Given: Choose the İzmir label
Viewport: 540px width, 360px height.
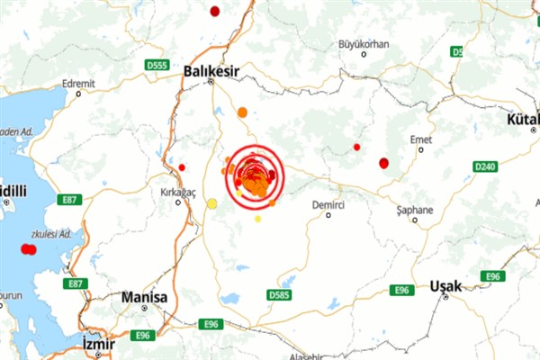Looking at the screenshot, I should pyautogui.click(x=97, y=343).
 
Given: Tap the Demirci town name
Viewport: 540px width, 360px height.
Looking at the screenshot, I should pyautogui.click(x=328, y=205).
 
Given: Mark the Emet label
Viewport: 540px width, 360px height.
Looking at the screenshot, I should pyautogui.click(x=420, y=139).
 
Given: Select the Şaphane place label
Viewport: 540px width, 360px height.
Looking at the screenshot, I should pyautogui.click(x=415, y=210).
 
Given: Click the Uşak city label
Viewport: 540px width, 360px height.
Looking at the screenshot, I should pyautogui.click(x=446, y=285).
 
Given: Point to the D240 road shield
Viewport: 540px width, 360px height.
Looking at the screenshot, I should pyautogui.click(x=486, y=166).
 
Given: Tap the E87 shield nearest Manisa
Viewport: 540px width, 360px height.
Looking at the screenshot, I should pyautogui.click(x=76, y=284).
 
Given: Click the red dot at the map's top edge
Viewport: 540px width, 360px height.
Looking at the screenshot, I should pyautogui.click(x=214, y=11).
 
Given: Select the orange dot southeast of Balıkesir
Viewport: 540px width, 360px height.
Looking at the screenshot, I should pyautogui.click(x=242, y=112).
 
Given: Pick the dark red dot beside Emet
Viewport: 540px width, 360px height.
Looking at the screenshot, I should pyautogui.click(x=384, y=163).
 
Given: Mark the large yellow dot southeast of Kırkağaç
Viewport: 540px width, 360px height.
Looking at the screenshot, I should pyautogui.click(x=212, y=203).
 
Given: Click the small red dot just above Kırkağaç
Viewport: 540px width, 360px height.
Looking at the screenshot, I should pyautogui.click(x=182, y=167).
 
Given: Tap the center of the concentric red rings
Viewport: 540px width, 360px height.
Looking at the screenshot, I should pyautogui.click(x=255, y=175).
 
